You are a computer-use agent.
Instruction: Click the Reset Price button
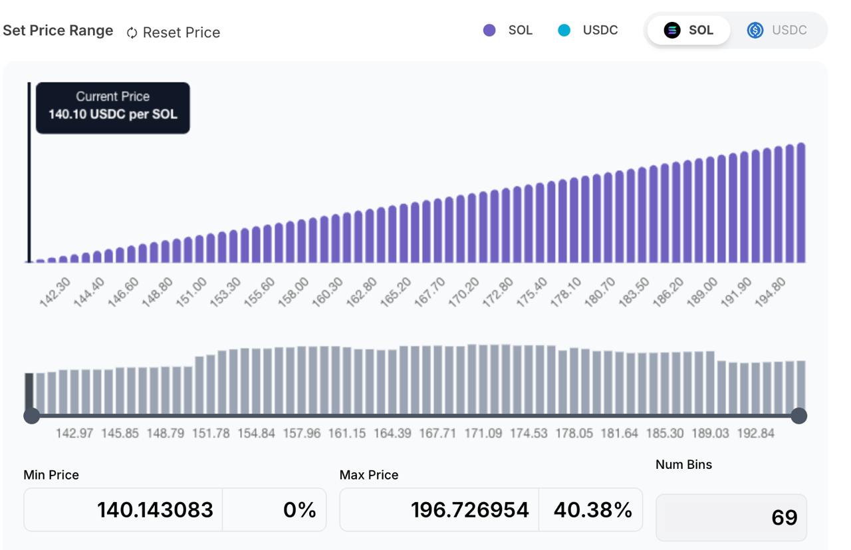pos(174,33)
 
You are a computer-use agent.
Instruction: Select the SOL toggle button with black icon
pos(688,30)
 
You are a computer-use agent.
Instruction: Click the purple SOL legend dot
pos(489,30)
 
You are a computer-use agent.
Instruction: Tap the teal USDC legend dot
pos(564,30)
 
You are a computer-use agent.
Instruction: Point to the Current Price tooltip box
pos(113,108)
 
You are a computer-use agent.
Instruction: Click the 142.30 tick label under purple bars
pos(55,292)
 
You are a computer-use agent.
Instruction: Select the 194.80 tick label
pos(770,292)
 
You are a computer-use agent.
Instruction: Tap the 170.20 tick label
pos(464,292)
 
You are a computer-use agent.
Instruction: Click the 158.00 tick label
pos(293,292)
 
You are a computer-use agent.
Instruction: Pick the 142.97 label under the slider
pos(74,434)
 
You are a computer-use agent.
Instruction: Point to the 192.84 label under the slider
pos(756,434)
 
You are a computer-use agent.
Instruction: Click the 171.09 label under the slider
pos(483,434)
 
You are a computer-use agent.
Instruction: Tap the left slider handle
pos(31,416)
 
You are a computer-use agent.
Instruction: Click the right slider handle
pos(799,416)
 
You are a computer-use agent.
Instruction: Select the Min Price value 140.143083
pos(155,509)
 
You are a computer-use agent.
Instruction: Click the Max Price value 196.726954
pos(470,509)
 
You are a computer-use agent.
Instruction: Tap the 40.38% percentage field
pos(591,509)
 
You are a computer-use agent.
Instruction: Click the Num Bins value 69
pos(784,517)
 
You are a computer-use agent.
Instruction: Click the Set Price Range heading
pos(58,31)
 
